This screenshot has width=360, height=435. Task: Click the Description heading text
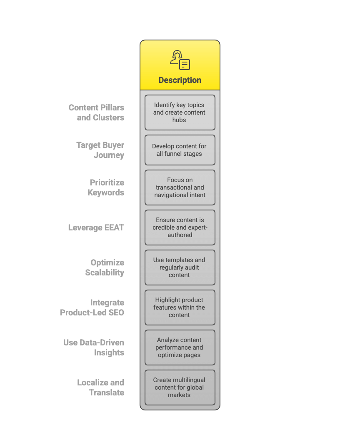pyautogui.click(x=180, y=80)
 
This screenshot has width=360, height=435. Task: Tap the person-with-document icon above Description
pyautogui.click(x=180, y=60)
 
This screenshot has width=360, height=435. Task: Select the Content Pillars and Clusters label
pyautogui.click(x=96, y=112)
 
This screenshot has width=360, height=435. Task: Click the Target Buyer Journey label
pyautogui.click(x=100, y=150)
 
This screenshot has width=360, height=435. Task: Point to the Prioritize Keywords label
pyautogui.click(x=106, y=187)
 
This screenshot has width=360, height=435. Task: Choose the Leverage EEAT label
pyautogui.click(x=96, y=227)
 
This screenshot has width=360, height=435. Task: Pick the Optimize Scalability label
pyautogui.click(x=105, y=267)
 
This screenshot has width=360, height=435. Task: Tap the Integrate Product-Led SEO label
pyautogui.click(x=92, y=307)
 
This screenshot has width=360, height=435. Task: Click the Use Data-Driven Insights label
pyautogui.click(x=94, y=347)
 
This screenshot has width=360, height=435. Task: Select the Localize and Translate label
pyautogui.click(x=100, y=387)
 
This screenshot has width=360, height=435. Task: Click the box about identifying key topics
pyautogui.click(x=180, y=112)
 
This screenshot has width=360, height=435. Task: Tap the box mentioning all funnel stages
pyautogui.click(x=180, y=150)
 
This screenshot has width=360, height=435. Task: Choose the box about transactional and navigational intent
pyautogui.click(x=180, y=187)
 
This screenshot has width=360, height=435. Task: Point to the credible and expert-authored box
pyautogui.click(x=180, y=227)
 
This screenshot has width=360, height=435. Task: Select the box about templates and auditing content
pyautogui.click(x=180, y=267)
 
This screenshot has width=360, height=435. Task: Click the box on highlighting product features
pyautogui.click(x=180, y=307)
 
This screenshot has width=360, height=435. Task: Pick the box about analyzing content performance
pyautogui.click(x=180, y=347)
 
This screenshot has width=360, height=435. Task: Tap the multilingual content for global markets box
pyautogui.click(x=180, y=387)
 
